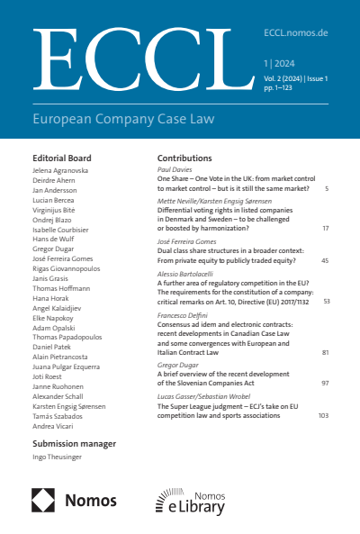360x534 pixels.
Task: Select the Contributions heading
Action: [x=184, y=158]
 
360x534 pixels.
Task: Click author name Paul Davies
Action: [x=175, y=168]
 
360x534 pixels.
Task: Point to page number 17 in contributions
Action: [x=325, y=228]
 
